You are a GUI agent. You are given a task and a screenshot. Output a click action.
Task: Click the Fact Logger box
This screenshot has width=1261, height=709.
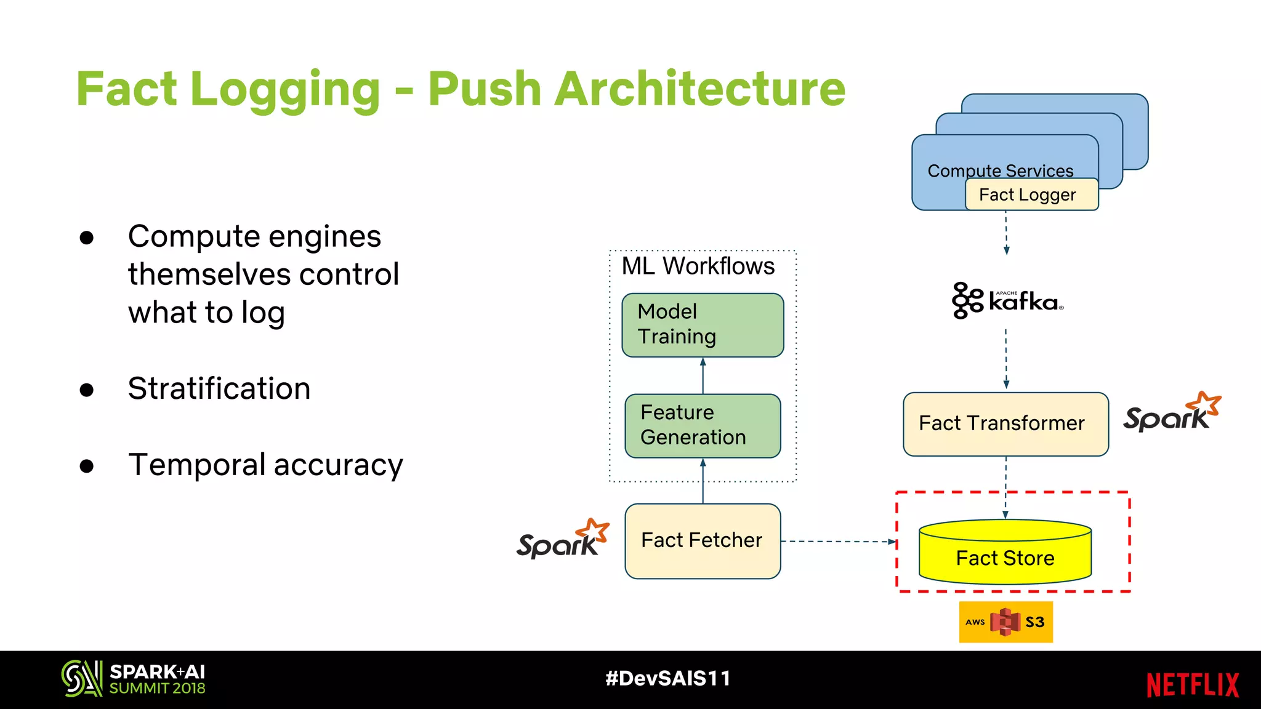(x=1031, y=194)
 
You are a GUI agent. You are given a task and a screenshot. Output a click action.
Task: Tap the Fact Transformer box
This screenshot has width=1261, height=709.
(x=1005, y=424)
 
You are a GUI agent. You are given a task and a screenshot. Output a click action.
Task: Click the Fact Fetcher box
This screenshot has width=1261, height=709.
(x=702, y=541)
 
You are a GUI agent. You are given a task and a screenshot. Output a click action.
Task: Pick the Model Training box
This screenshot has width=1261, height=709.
(x=702, y=325)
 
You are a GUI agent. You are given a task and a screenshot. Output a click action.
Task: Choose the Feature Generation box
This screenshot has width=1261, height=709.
(x=702, y=425)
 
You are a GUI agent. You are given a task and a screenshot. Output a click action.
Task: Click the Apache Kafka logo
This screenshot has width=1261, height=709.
(x=1007, y=300)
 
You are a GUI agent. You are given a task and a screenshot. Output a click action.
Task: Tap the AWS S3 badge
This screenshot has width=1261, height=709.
(x=1005, y=622)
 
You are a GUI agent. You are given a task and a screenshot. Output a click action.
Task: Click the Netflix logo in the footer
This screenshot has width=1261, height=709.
(x=1192, y=684)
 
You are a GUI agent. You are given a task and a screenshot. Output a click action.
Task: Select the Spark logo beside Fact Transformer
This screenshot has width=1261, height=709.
(x=1171, y=413)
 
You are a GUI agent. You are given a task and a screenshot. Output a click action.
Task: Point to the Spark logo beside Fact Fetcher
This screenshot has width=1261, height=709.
(x=562, y=539)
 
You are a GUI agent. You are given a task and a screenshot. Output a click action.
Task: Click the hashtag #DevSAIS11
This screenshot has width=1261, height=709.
(x=667, y=678)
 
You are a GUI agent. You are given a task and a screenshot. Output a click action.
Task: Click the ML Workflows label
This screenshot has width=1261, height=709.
(x=698, y=266)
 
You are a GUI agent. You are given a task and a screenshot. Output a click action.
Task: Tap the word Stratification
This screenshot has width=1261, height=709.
(x=219, y=389)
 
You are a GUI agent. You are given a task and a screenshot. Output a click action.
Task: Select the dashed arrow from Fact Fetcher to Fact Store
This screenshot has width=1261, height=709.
(x=837, y=542)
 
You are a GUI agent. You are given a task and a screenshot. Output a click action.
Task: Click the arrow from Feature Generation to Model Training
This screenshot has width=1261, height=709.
(x=703, y=376)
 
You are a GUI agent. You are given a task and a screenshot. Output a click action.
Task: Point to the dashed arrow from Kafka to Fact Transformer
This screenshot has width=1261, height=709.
(x=1005, y=358)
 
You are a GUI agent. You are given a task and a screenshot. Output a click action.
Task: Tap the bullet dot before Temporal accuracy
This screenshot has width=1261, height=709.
(x=87, y=466)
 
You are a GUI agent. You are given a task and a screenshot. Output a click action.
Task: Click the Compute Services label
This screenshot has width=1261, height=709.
(x=1000, y=170)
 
